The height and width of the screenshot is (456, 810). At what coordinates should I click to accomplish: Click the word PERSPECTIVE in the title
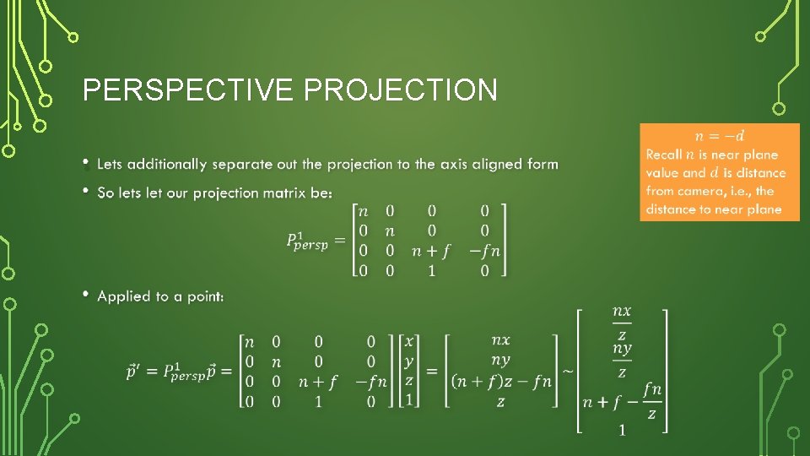pos(189,90)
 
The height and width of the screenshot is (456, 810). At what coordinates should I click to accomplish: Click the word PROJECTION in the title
pos(401,90)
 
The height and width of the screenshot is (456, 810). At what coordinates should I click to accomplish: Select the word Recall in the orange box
pos(664,155)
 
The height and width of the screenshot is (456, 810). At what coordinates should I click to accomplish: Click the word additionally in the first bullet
pos(167,164)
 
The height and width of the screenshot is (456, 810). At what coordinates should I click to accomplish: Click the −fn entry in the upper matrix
pos(483,250)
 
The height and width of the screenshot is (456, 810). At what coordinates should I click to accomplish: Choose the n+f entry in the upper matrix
pos(431,250)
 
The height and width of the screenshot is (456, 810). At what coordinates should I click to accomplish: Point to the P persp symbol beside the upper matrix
pos(306,242)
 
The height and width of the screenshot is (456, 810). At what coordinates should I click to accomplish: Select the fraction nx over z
pos(621,321)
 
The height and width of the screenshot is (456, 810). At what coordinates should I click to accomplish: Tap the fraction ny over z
pos(621,359)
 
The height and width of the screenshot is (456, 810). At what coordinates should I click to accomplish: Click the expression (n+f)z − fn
pos(501,381)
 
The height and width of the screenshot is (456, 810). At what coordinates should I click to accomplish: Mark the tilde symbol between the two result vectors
pos(568,371)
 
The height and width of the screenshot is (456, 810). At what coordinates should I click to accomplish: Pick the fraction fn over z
pos(651,399)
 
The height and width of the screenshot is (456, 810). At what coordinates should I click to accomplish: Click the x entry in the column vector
pos(409,341)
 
